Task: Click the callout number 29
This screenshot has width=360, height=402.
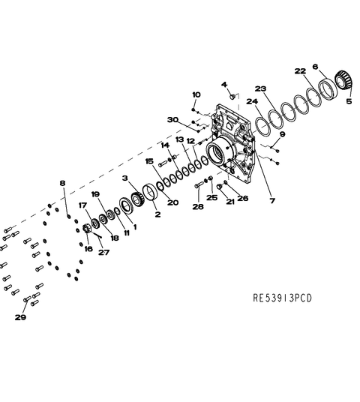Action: point(20,317)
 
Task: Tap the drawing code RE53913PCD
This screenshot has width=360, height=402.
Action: point(282,298)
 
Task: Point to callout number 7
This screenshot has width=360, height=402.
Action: point(272,200)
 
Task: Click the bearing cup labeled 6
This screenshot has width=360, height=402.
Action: point(326,89)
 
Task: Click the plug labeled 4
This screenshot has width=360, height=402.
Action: point(232,97)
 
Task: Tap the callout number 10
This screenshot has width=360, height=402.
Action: point(196,94)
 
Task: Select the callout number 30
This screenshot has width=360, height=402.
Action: point(172,120)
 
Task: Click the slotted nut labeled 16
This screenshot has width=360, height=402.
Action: point(87,229)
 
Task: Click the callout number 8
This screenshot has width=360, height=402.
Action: point(62,183)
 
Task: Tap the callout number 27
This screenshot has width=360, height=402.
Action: point(103,253)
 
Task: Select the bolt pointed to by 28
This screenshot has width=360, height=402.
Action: point(199,184)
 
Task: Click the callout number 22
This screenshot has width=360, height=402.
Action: point(300,71)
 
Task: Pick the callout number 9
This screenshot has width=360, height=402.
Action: point(282,134)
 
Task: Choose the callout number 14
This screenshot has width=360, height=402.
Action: point(165,145)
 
